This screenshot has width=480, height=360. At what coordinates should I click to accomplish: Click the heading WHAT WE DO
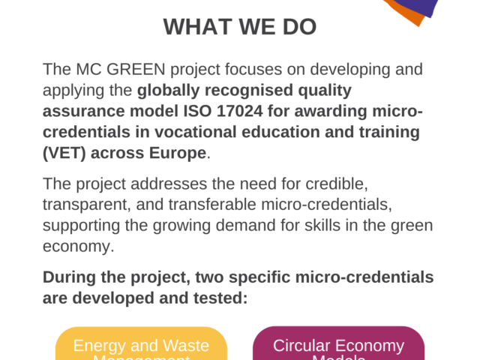pos(240,27)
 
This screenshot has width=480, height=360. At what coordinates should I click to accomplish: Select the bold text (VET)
pos(63,154)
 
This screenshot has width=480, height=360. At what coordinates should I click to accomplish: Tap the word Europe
pos(181,154)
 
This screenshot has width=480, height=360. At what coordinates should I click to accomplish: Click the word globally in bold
pos(166,91)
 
